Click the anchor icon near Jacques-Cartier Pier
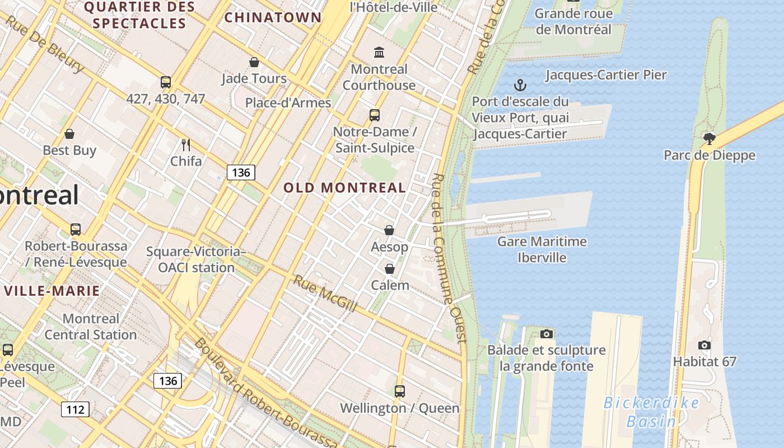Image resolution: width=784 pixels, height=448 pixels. click(x=520, y=85)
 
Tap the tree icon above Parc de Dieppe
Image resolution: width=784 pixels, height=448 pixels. click(x=710, y=138)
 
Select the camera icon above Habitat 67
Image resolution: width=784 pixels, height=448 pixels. click(x=704, y=345)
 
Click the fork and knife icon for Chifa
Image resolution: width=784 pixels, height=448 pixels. click(x=186, y=145)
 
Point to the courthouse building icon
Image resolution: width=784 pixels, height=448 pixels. click(x=379, y=53)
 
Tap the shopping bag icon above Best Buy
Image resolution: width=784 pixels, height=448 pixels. click(x=69, y=134)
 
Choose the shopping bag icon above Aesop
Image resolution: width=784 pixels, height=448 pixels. click(x=389, y=230)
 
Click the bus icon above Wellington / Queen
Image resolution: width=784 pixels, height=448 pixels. click(x=399, y=391)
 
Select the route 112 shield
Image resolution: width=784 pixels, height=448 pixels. click(x=75, y=409)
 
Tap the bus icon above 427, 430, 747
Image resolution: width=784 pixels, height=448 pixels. click(x=166, y=82)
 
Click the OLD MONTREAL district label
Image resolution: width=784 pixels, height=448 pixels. click(x=344, y=188)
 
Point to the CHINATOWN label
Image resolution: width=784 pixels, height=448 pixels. click(x=273, y=17)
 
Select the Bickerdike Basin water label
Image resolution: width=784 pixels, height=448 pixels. click(x=651, y=412)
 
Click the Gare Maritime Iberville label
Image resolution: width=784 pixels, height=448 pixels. click(x=542, y=250)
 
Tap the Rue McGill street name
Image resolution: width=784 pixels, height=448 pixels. click(x=325, y=293)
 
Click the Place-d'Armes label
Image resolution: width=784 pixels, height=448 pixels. click(x=288, y=103)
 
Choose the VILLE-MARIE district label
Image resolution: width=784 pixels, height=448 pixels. click(x=52, y=291)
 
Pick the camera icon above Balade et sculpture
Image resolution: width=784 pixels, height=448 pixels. click(x=547, y=334)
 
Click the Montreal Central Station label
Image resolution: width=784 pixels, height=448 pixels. click(x=91, y=326)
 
